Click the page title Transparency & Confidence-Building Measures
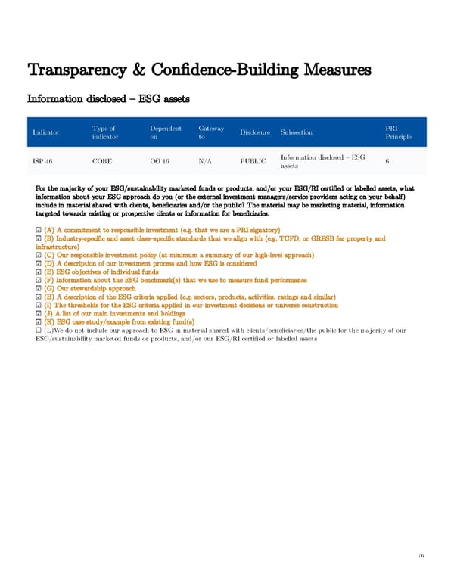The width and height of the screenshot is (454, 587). click(x=199, y=71)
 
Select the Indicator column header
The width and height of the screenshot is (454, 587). click(x=46, y=133)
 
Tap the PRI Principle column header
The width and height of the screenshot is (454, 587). click(x=396, y=133)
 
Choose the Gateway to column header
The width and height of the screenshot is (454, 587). click(x=211, y=133)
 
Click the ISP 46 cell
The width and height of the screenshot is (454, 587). click(x=42, y=161)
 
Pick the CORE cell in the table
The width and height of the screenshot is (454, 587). click(x=102, y=161)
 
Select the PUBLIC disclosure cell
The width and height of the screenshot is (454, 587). click(x=254, y=161)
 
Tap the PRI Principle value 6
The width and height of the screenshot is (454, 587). click(x=387, y=161)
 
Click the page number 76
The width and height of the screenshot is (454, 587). click(x=421, y=554)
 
